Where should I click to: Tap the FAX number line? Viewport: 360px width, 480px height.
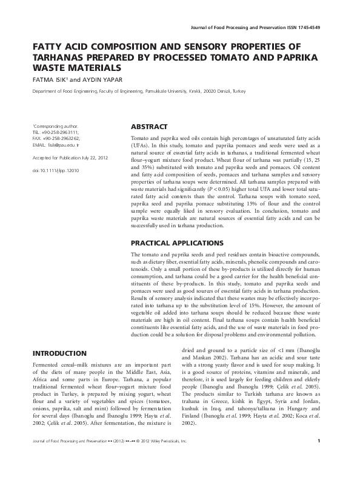(56, 138)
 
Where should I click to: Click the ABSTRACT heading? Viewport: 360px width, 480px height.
(149, 127)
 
